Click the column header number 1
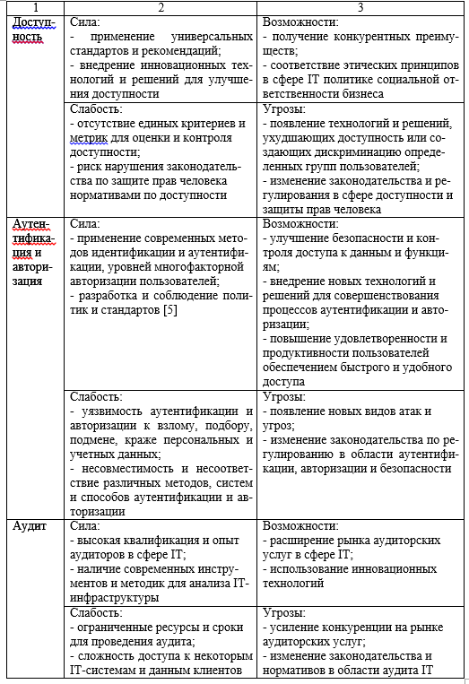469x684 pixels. coord(34,6)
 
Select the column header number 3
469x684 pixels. coord(361,6)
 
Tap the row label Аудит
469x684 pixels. coord(29,526)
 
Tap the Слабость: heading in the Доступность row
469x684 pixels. coord(96,108)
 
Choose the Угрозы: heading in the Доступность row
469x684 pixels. coord(286,108)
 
